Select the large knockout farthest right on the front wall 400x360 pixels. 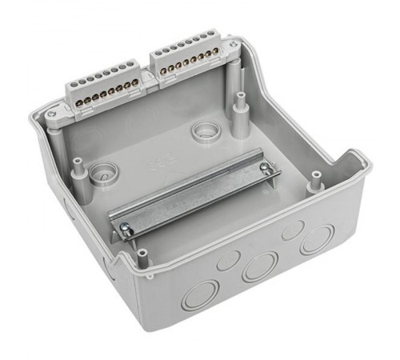click(x=318, y=238)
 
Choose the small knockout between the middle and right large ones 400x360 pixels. click(x=292, y=228)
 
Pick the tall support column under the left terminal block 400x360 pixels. click(x=58, y=152)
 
